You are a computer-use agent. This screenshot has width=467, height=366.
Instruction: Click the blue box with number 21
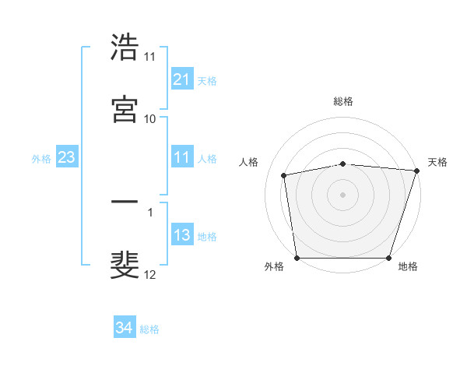[x=181, y=79]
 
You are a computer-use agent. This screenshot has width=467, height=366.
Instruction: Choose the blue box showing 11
[x=181, y=158]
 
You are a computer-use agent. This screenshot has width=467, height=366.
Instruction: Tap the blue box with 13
[x=181, y=236]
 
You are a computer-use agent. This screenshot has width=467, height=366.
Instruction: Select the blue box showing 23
[x=66, y=158]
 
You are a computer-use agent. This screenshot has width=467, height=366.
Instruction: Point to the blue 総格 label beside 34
[x=149, y=329]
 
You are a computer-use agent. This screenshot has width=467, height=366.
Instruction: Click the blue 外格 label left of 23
[x=41, y=159]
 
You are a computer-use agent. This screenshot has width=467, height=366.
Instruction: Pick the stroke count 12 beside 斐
[x=150, y=274]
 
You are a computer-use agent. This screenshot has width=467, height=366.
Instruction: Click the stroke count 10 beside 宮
[x=150, y=118]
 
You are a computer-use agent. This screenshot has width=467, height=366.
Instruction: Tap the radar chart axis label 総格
[x=343, y=101]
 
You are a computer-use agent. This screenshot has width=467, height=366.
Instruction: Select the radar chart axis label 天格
[x=437, y=162]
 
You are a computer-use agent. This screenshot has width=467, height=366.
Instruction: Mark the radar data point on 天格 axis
[x=416, y=171]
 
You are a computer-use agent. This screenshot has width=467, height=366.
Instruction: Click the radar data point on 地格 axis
[x=388, y=258]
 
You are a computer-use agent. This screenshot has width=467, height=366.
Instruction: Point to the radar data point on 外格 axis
[x=297, y=258]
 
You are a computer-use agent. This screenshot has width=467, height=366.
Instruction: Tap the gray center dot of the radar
[x=342, y=194]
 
